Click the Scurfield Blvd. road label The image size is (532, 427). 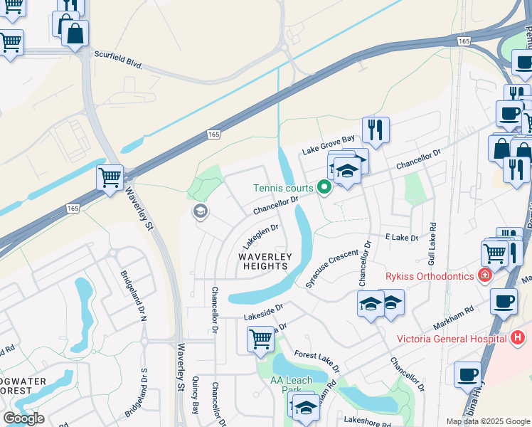point(118,58)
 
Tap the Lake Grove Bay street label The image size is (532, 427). point(328,147)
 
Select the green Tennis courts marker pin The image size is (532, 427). point(324,188)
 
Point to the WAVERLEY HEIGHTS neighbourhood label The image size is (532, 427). point(262,261)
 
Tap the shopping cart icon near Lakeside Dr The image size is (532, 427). point(261,339)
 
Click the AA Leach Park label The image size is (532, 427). point(292,385)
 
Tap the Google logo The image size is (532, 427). point(23,418)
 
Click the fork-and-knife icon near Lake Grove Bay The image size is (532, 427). point(376,130)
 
